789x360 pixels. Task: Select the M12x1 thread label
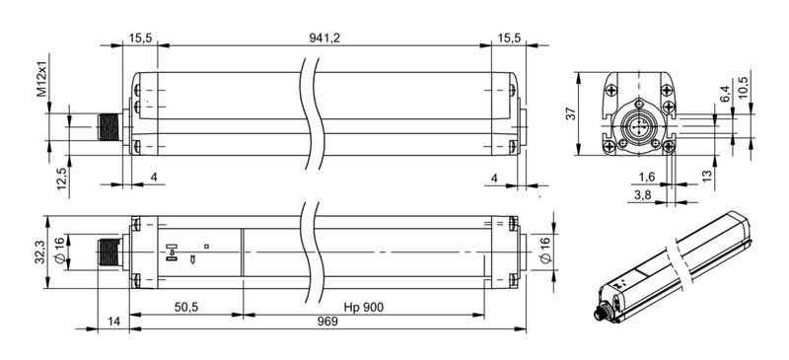pos(41,79)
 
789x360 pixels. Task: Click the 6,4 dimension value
pos(725,95)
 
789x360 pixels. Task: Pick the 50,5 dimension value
pos(185,308)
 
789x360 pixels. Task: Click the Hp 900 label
pos(363,308)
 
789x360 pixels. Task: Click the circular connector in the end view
pos(638,127)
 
